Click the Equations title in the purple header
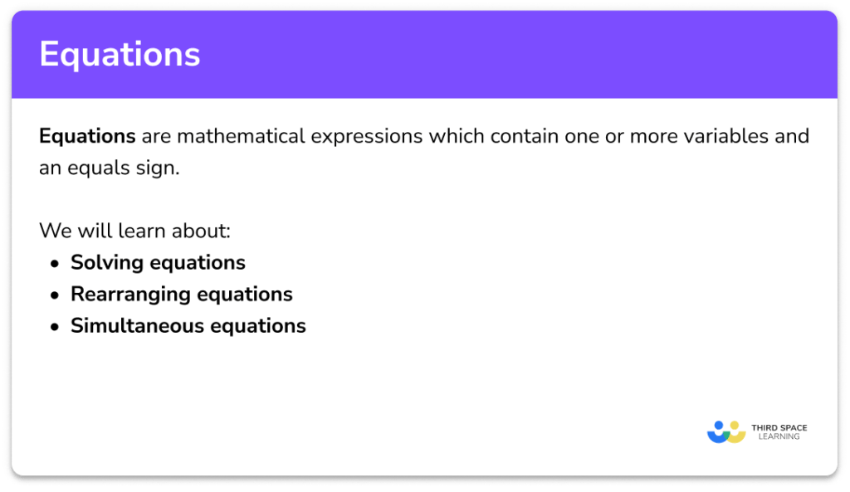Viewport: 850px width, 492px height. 120,55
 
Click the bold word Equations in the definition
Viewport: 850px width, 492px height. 87,136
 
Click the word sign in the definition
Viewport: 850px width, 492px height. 160,168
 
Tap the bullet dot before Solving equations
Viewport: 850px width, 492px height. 55,264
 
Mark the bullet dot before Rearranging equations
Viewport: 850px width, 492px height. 55,295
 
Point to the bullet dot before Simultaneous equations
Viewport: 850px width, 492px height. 55,327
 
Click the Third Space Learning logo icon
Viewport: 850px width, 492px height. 726,431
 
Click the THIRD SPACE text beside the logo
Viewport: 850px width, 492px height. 779,427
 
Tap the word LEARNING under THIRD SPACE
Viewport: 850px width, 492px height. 779,437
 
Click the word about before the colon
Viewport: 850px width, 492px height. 202,231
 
